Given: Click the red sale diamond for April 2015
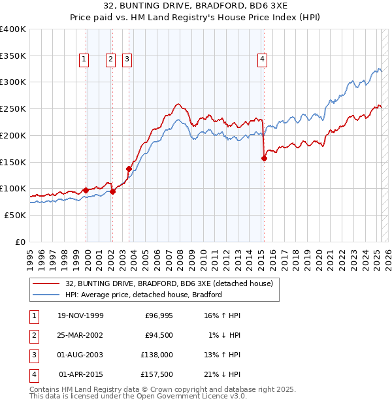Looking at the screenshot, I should point(264,157).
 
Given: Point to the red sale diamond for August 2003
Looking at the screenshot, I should point(129,169).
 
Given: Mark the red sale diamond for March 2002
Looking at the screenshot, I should point(112,191).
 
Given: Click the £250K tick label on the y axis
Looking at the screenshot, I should point(13,108).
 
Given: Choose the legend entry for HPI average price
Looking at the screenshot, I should point(144,295).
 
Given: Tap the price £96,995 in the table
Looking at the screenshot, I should point(157,316).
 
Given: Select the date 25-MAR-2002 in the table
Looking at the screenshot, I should point(80,335).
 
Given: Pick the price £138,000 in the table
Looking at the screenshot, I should point(157,355).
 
